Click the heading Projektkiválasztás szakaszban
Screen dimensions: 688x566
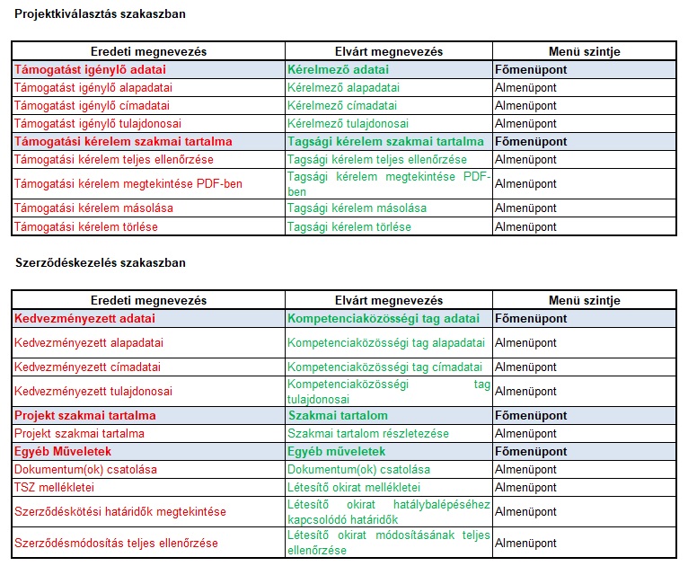[x=100, y=14]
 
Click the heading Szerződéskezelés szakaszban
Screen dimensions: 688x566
[x=101, y=263]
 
